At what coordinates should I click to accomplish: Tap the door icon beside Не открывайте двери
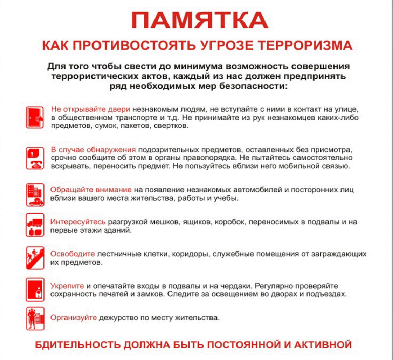(x=35, y=116)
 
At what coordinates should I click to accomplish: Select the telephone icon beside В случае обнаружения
(x=35, y=157)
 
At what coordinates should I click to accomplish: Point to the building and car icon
(x=35, y=194)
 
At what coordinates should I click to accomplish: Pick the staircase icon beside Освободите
(x=35, y=257)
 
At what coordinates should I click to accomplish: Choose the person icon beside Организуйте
(x=35, y=318)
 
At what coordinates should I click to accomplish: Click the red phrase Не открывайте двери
(x=90, y=109)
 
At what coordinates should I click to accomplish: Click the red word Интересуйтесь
(x=78, y=222)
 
